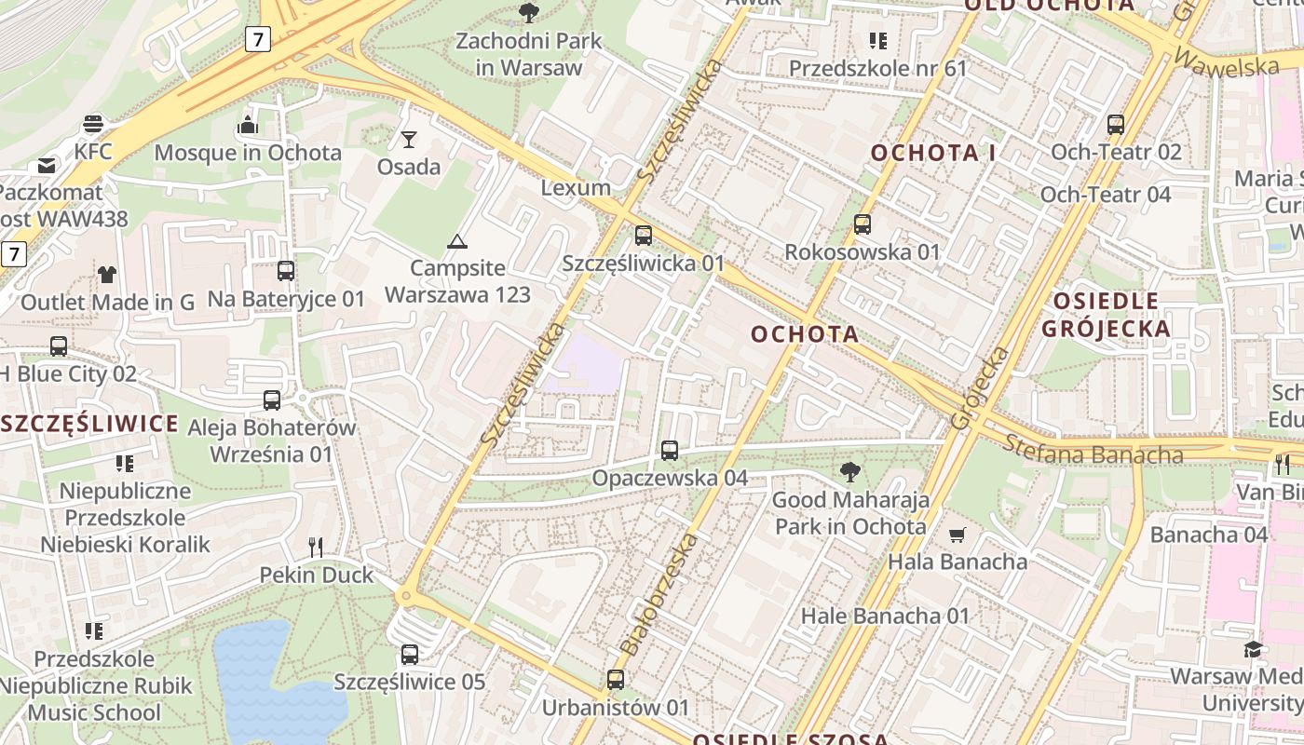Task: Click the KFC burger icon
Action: (x=93, y=123)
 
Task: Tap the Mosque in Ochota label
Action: (x=247, y=153)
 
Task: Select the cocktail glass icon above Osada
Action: (x=409, y=140)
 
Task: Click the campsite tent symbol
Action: (x=456, y=241)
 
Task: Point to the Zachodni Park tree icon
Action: (x=529, y=13)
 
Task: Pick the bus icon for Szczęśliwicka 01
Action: (x=643, y=236)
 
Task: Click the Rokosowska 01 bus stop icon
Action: (x=863, y=224)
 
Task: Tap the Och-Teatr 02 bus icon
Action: (x=1115, y=124)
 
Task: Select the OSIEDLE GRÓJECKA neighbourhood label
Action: (x=1106, y=315)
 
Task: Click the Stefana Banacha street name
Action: (x=1093, y=452)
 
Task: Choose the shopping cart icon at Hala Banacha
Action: (x=957, y=535)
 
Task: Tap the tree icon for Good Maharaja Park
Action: (x=849, y=472)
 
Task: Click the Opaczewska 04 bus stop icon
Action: (x=670, y=451)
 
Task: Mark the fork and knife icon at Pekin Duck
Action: (x=316, y=548)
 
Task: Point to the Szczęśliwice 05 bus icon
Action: (x=410, y=655)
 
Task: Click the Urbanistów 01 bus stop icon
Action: (x=615, y=680)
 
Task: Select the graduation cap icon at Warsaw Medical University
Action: (x=1253, y=649)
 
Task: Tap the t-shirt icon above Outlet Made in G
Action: (x=107, y=275)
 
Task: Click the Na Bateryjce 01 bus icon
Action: (x=286, y=271)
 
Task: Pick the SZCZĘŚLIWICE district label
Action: (x=89, y=425)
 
